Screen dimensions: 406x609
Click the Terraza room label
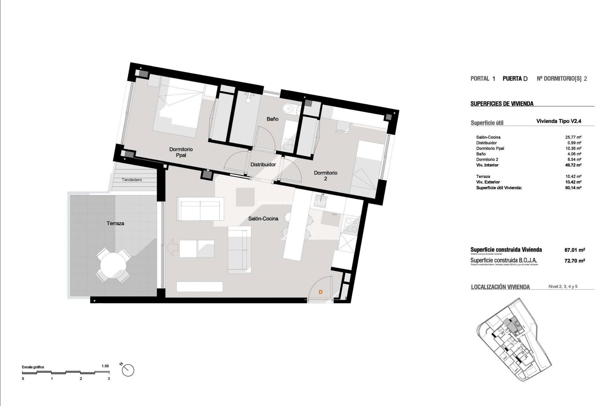pyautogui.click(x=115, y=223)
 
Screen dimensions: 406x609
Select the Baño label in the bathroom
pyautogui.click(x=272, y=119)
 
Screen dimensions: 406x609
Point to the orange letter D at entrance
pyautogui.click(x=320, y=292)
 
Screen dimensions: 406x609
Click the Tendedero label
pyautogui.click(x=132, y=180)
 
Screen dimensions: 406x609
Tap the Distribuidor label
pyautogui.click(x=263, y=164)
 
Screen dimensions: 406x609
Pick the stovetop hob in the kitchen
pyautogui.click(x=351, y=225)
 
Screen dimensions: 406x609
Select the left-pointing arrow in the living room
pyautogui.click(x=172, y=248)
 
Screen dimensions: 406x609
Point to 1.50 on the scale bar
pyautogui.click(x=105, y=366)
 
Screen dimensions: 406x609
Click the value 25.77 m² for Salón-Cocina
pyautogui.click(x=573, y=137)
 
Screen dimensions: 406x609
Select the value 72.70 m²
pyautogui.click(x=574, y=260)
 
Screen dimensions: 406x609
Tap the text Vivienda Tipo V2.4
pyautogui.click(x=559, y=121)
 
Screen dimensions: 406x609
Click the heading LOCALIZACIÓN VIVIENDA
pyautogui.click(x=500, y=287)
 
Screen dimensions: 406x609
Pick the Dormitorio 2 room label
pyautogui.click(x=325, y=175)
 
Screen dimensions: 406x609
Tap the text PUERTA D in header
pyautogui.click(x=515, y=79)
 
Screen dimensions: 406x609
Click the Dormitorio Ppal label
pyautogui.click(x=181, y=152)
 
